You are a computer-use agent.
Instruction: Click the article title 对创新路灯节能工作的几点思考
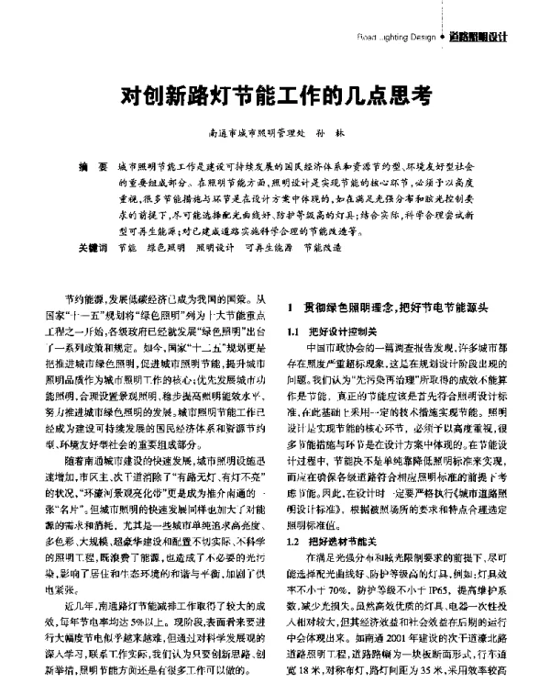(x=274, y=95)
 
